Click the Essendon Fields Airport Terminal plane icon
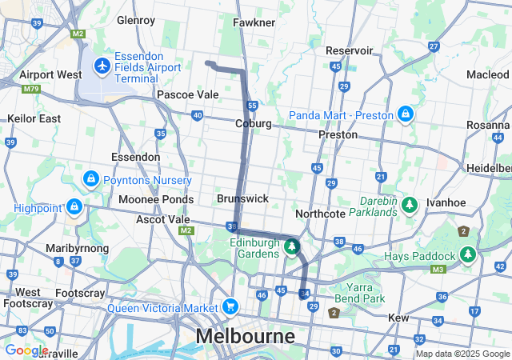[x=102, y=64]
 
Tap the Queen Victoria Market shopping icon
[x=230, y=307]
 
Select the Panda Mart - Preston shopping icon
[x=406, y=114]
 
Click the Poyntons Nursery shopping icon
[x=90, y=178]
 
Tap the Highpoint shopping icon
[x=74, y=207]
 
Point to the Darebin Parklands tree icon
[x=410, y=206]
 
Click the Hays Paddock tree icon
[x=467, y=255]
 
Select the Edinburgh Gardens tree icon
[x=293, y=247]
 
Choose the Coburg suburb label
[x=254, y=124]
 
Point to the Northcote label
[x=320, y=214]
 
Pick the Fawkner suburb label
[x=254, y=23]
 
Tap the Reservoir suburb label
[x=350, y=50]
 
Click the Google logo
[x=26, y=350]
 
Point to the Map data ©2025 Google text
[x=462, y=354]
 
